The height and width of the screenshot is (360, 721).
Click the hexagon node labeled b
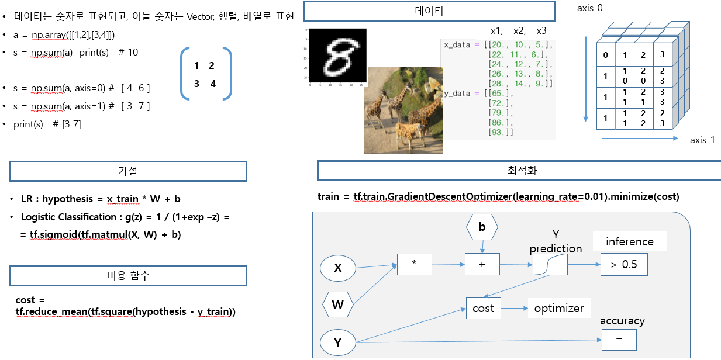coord(482,227)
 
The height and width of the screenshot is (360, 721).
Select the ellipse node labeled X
coord(337,268)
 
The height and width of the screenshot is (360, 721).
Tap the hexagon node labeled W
coord(337,304)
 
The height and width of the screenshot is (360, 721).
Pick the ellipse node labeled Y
coord(337,342)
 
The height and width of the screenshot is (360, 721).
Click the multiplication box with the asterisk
coord(414,264)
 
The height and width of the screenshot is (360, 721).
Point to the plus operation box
coord(482,264)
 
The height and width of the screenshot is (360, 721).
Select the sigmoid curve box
coord(550,265)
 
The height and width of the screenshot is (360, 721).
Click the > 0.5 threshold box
coord(624,265)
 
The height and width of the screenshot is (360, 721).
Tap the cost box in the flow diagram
coord(483,308)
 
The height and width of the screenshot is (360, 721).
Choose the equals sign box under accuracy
coord(619,340)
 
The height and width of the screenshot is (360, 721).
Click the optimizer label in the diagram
coord(559,308)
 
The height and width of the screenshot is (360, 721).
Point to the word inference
coord(630,241)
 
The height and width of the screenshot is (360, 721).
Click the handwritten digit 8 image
coord(337,56)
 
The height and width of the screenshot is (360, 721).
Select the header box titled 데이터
coord(429,11)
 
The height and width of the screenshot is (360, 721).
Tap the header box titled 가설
coord(128,171)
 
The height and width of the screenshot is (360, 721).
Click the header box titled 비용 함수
coord(128,276)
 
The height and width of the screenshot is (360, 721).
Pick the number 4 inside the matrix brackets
coord(213,84)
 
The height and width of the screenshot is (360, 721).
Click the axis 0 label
coord(589,8)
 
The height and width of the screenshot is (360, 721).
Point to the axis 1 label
coord(702,140)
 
